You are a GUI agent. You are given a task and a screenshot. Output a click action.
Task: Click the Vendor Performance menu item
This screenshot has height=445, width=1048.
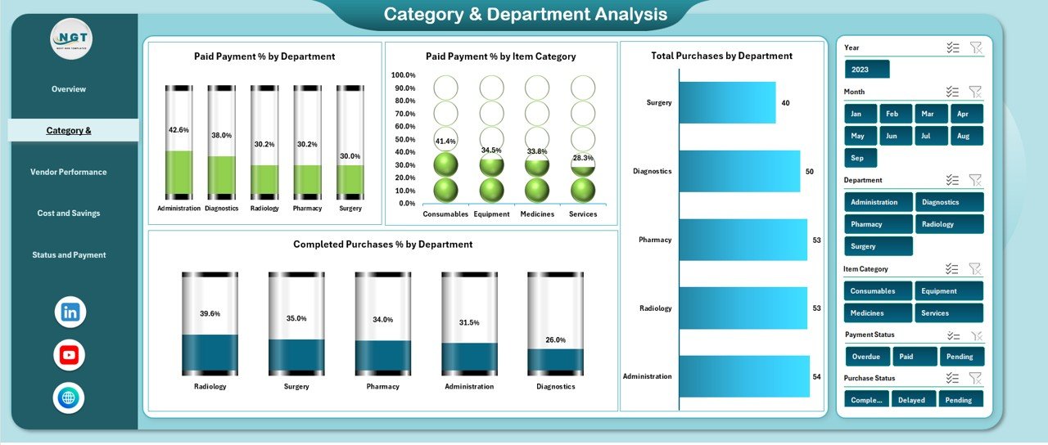pos(69,172)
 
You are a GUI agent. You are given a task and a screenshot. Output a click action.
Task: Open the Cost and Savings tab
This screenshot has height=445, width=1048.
pos(69,214)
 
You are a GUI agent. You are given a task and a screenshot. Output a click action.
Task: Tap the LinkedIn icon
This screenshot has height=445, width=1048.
pos(70,312)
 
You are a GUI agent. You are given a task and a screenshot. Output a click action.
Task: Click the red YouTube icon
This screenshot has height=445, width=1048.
pos(70,355)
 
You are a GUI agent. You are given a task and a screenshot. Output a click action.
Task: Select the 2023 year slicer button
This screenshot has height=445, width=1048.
pos(866,70)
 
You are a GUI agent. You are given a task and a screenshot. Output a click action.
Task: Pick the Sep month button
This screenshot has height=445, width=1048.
pos(860,158)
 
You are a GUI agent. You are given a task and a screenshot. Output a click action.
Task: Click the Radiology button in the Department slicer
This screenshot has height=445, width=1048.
pos(949,224)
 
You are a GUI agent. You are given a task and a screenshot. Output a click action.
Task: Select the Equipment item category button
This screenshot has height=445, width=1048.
pos(949,291)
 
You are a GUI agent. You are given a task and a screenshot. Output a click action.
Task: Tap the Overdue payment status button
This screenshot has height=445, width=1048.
pos(866,357)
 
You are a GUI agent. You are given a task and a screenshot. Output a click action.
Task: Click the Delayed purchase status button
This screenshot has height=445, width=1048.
pos(911,400)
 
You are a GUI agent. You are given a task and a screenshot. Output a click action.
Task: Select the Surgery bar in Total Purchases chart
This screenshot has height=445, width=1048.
pos(727,102)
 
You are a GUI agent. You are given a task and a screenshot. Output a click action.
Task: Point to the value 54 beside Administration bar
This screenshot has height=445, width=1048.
pos(816,376)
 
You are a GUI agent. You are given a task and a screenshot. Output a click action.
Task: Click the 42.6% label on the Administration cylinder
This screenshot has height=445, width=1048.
pos(178,130)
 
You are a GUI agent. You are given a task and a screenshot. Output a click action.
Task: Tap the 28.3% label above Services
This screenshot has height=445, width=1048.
pos(583,158)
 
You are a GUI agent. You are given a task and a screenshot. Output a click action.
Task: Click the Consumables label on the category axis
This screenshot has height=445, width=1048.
pos(445,214)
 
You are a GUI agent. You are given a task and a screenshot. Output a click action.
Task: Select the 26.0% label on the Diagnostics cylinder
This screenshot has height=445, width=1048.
pos(556,339)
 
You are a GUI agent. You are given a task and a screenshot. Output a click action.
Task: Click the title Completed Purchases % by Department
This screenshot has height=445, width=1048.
pos(382,245)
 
